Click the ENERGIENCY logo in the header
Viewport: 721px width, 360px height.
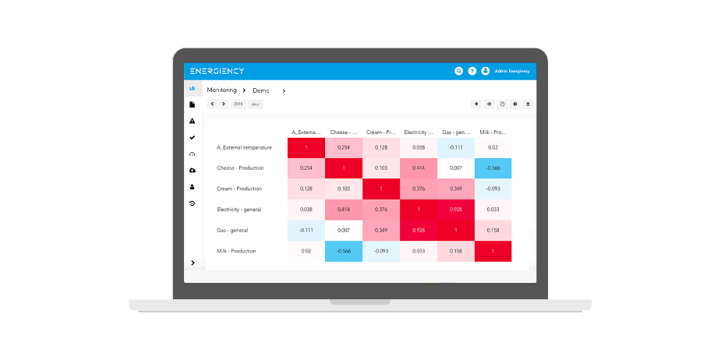click(x=217, y=71)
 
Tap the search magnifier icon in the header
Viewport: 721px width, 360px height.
click(x=458, y=71)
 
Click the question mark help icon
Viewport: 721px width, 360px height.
click(x=472, y=71)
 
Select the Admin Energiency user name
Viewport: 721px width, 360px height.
click(x=512, y=71)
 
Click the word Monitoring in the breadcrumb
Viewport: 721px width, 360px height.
click(x=221, y=90)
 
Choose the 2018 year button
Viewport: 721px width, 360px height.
click(x=238, y=104)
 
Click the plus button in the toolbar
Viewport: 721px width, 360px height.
click(x=476, y=104)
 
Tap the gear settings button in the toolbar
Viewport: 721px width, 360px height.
click(x=514, y=104)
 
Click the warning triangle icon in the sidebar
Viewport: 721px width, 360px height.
click(x=193, y=121)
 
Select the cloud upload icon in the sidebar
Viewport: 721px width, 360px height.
click(x=193, y=170)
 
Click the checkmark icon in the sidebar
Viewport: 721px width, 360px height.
click(x=193, y=137)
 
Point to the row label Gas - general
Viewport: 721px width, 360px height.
click(x=232, y=231)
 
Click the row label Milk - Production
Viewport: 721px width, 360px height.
click(x=236, y=251)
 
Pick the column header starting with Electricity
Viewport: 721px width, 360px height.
click(x=419, y=132)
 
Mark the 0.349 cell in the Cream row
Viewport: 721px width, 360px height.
click(x=456, y=189)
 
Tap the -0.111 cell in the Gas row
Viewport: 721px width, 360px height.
click(x=306, y=231)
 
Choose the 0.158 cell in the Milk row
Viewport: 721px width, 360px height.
click(x=456, y=251)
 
